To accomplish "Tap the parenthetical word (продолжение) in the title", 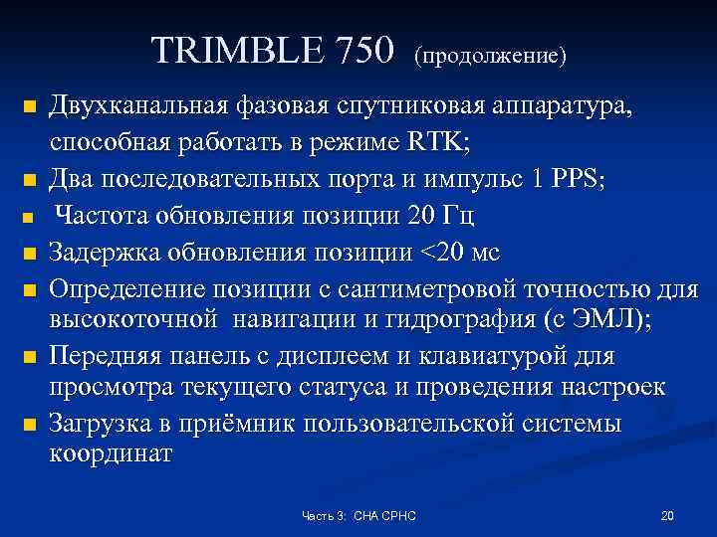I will (x=491, y=54).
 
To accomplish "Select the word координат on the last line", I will (x=111, y=455).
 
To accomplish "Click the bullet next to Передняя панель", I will (x=30, y=356).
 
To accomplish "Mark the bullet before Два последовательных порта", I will (x=30, y=181).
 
